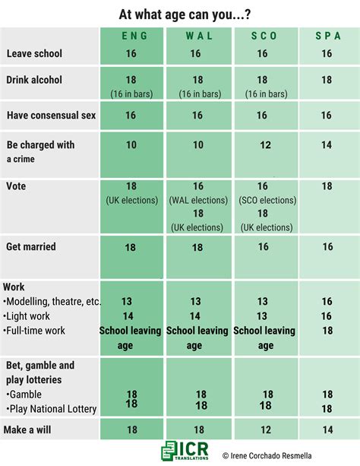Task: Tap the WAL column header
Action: [196, 36]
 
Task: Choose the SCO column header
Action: [262, 36]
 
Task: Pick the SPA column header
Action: [327, 36]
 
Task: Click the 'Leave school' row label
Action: [34, 54]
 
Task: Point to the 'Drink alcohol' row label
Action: [34, 81]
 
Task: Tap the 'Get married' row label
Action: [31, 247]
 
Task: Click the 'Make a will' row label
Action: [30, 430]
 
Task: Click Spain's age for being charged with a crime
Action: [327, 144]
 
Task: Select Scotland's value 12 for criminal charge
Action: [262, 144]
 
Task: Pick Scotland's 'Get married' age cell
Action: [262, 247]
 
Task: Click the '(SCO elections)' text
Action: [262, 200]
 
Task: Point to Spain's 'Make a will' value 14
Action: [327, 430]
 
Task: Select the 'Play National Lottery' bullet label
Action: [52, 409]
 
